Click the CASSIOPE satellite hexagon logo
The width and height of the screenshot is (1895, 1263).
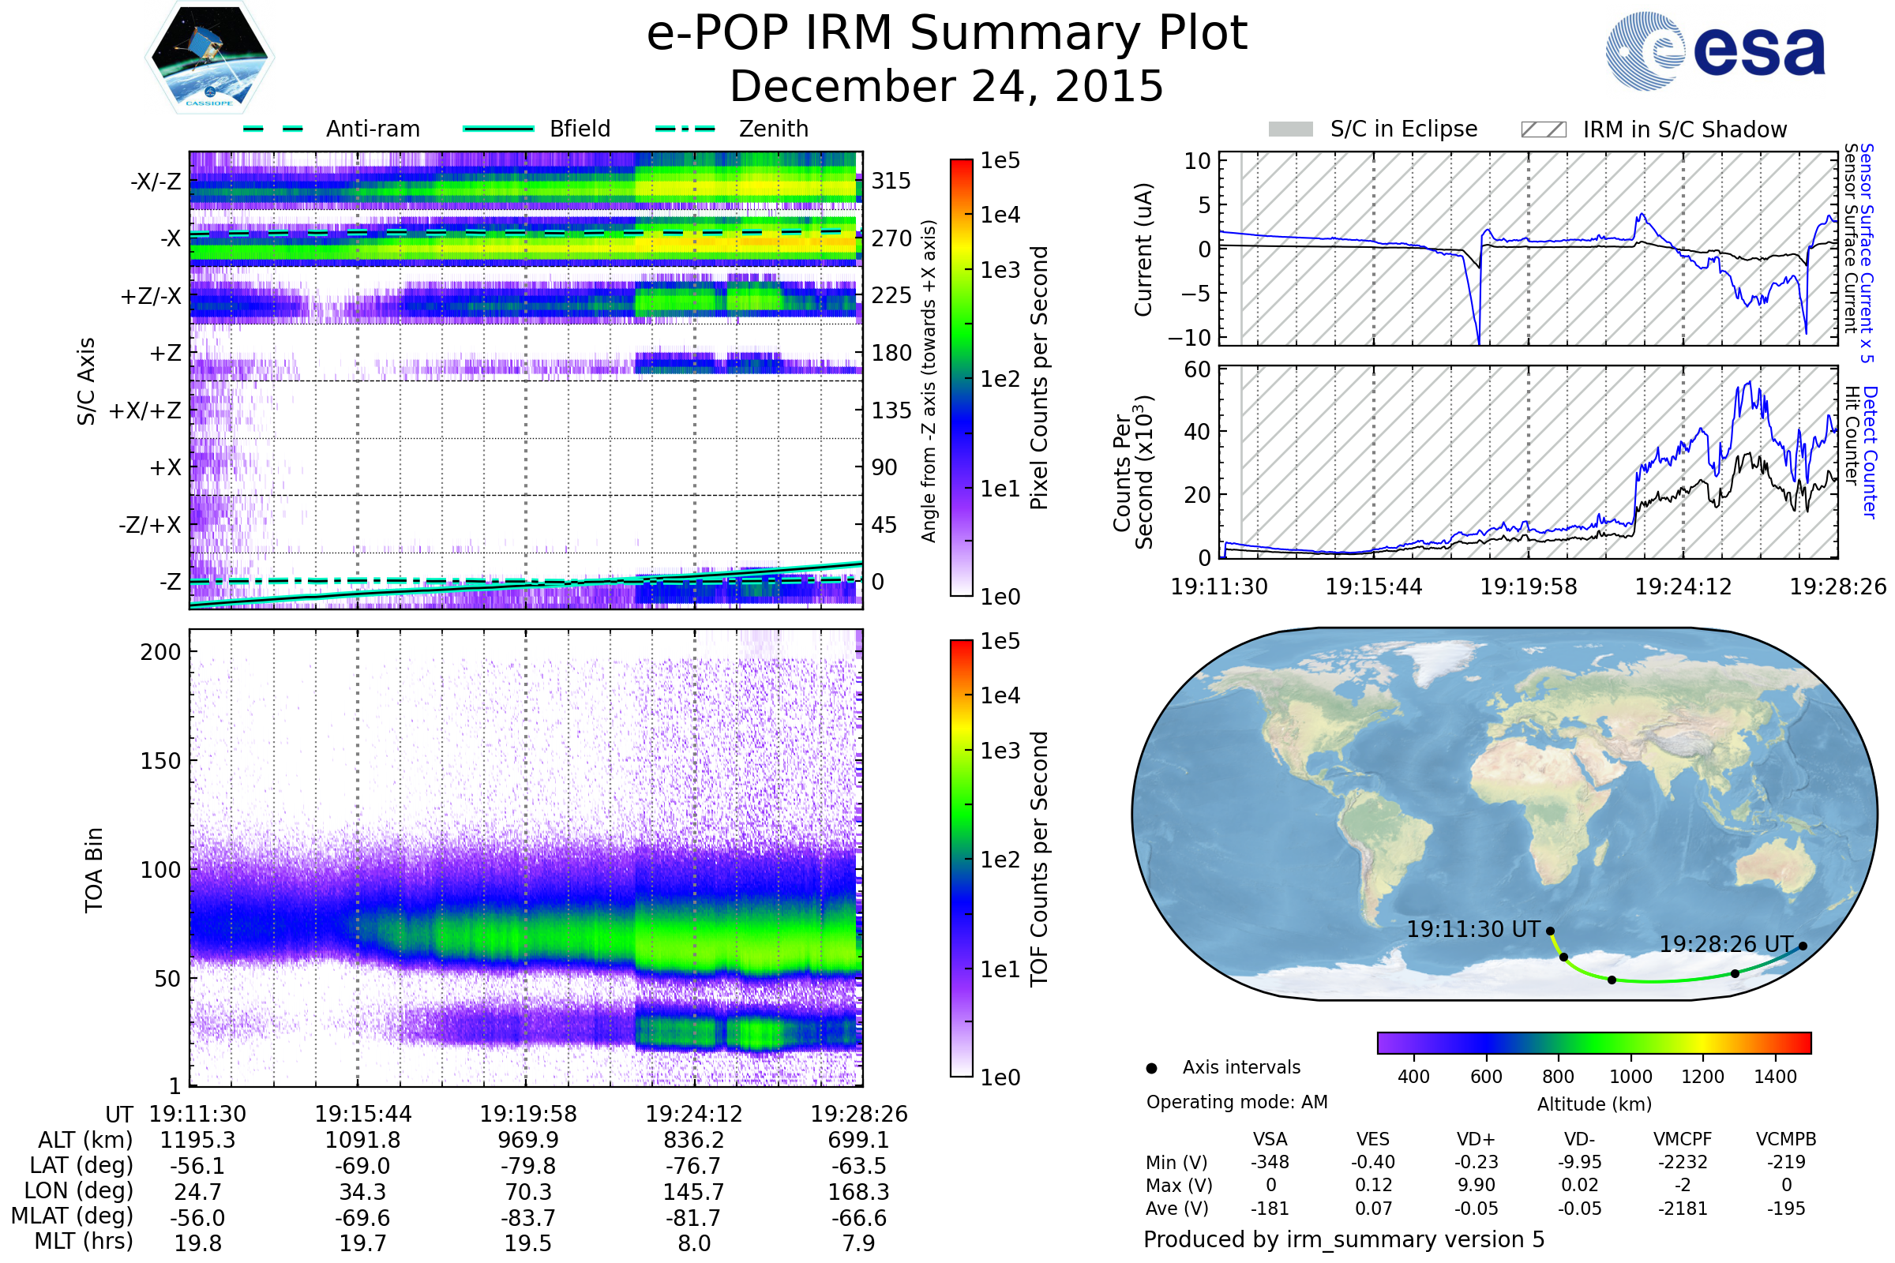coord(209,56)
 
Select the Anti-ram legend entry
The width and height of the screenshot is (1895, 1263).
coord(372,129)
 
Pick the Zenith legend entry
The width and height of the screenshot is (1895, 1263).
coord(773,129)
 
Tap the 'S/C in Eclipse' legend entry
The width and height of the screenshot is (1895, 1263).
coord(1403,129)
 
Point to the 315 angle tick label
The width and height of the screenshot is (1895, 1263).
coord(891,181)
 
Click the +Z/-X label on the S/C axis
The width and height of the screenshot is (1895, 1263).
coord(151,297)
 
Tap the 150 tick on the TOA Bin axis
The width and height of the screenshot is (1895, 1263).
coord(160,761)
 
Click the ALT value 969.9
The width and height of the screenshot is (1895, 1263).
coord(527,1140)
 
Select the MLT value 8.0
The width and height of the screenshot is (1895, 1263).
coord(694,1242)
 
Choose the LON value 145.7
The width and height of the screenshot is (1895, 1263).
coord(694,1191)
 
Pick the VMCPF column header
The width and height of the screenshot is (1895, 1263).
coord(1683,1139)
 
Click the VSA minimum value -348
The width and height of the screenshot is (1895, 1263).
coord(1270,1162)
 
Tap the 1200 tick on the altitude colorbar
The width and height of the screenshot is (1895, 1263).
coord(1702,1077)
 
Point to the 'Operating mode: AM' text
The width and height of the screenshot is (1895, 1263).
coord(1236,1102)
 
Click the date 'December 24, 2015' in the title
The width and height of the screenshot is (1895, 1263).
coord(947,86)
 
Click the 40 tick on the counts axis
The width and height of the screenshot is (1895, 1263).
coord(1197,432)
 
